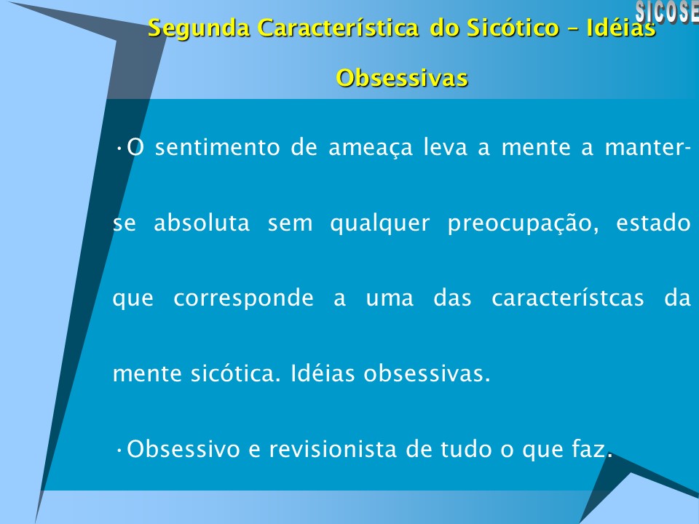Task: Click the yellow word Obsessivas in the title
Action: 401,77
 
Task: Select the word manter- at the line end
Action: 648,148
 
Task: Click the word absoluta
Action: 202,223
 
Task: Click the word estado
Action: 653,223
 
